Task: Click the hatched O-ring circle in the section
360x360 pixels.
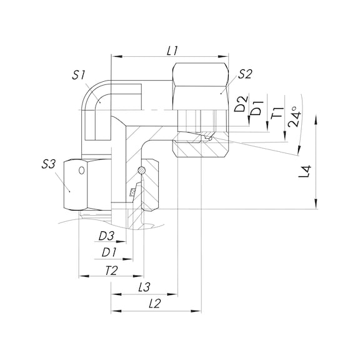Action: [142, 171]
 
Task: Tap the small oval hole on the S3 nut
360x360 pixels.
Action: [82, 169]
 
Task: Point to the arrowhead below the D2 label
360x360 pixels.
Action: [248, 121]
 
